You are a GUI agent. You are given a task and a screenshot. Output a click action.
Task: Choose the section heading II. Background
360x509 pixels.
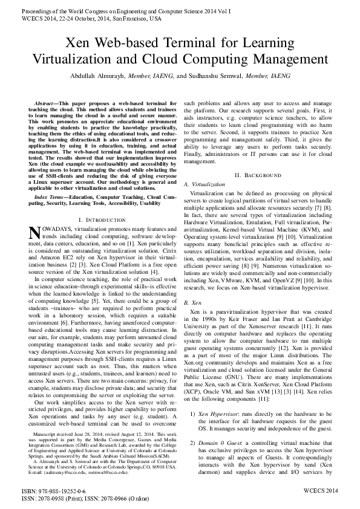(258, 175)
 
